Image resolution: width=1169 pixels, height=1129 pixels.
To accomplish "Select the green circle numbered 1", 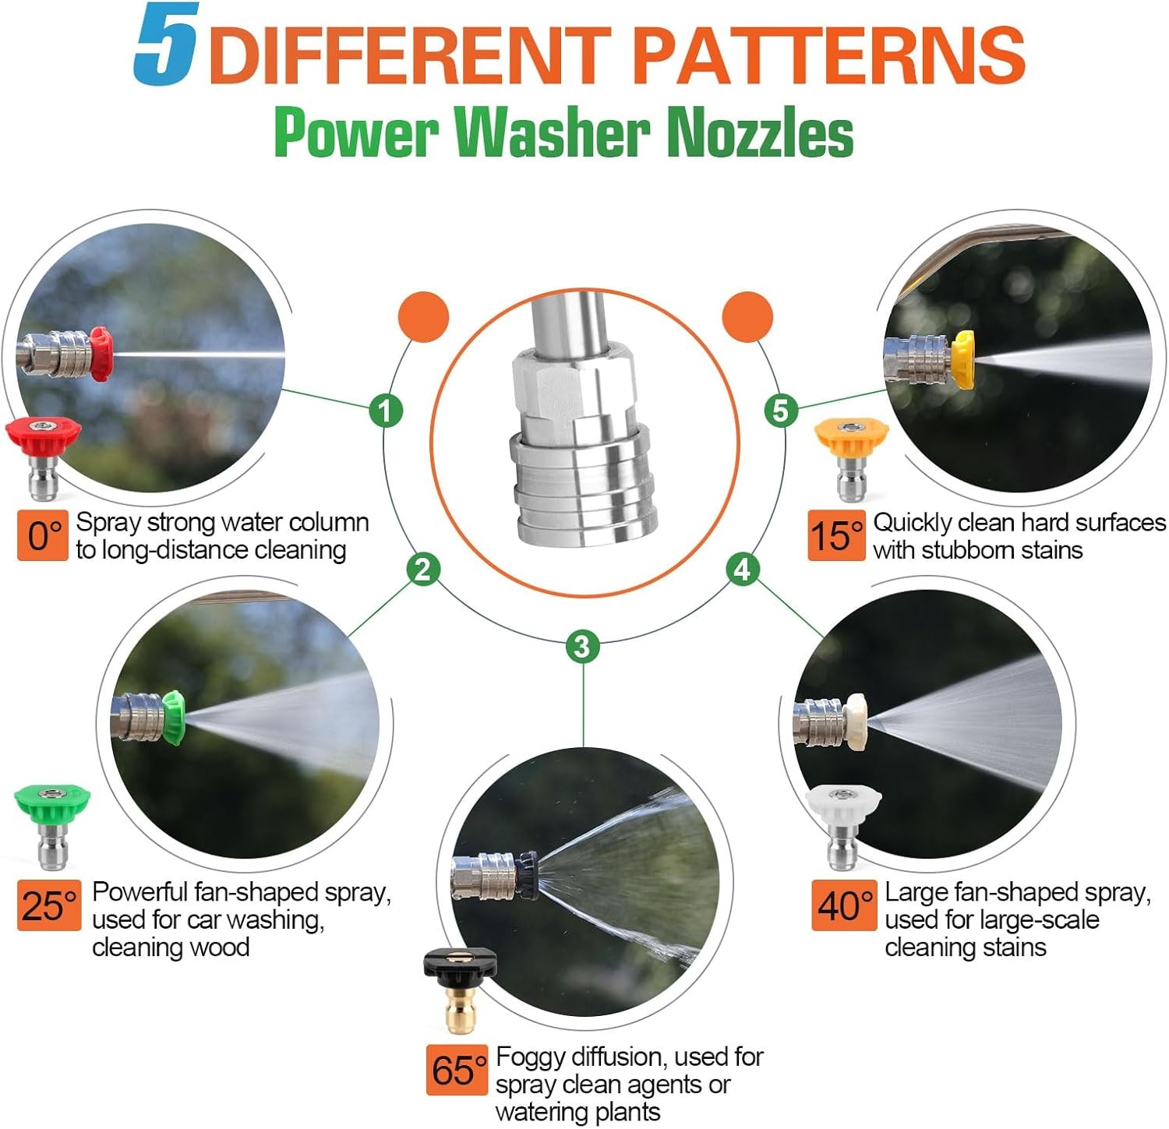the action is [386, 410].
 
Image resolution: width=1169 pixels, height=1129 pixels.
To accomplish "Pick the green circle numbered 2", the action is [423, 569].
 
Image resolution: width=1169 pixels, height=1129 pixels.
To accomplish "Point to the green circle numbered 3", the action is [582, 646].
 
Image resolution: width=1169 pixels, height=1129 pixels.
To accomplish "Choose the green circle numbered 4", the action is [742, 569].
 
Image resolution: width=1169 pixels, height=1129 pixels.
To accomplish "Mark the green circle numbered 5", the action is [781, 410].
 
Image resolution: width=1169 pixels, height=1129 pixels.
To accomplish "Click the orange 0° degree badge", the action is [43, 535].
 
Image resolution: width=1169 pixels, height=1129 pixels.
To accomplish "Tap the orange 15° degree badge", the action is [836, 535].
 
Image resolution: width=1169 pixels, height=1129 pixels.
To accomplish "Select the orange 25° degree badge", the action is [49, 905].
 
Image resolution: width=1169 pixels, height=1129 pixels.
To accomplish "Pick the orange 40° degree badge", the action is [844, 905].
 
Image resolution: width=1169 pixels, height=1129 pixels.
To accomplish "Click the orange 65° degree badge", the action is [457, 1070].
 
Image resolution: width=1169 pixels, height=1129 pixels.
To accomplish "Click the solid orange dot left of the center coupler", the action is [424, 316].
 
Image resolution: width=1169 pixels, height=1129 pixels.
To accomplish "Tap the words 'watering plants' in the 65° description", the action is [577, 1112].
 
